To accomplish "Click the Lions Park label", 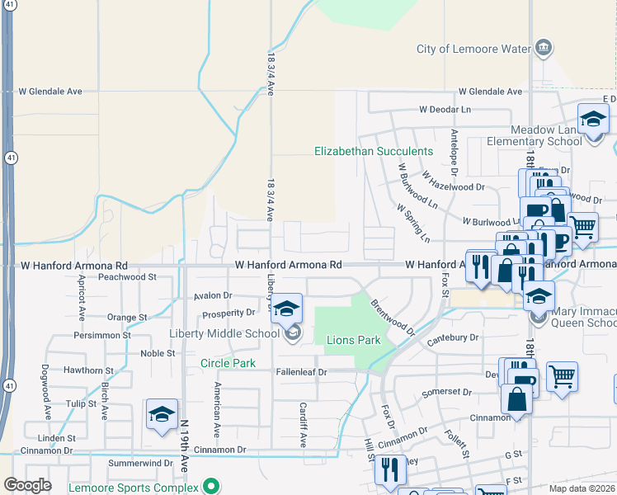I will pos(353,340).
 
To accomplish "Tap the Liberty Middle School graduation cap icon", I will pos(286,309).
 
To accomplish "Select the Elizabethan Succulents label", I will pos(374,151).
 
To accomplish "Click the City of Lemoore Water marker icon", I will pos(544,47).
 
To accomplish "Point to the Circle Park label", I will pos(228,363).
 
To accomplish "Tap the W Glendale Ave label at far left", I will pos(51,92).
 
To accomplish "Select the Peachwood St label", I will pos(127,278).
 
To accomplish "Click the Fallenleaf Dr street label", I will pos(300,372).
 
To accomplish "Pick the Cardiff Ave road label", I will pos(303,424).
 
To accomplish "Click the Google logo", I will pos(27,485).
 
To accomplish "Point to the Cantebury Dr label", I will pos(453,337).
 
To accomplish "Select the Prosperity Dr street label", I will pos(228,313).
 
